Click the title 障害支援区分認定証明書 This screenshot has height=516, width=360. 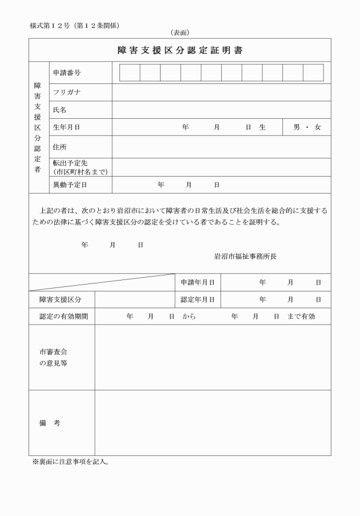[180, 50]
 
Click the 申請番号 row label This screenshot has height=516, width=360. [66, 73]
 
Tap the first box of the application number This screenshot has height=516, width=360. [130, 73]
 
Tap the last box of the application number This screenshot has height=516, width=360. [313, 73]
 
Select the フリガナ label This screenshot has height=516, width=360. [67, 92]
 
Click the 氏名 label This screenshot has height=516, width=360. [60, 110]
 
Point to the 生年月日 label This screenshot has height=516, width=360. [66, 127]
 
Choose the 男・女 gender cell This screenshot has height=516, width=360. [307, 127]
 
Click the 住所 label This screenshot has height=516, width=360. [60, 147]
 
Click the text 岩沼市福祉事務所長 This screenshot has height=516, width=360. [245, 257]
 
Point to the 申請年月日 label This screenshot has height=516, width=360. [197, 282]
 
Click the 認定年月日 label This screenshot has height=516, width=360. [197, 299]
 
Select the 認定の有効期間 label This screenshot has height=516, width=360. [59, 317]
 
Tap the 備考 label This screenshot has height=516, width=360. [50, 423]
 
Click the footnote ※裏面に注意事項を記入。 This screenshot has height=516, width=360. [71, 461]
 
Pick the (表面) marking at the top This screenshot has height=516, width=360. [179, 33]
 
